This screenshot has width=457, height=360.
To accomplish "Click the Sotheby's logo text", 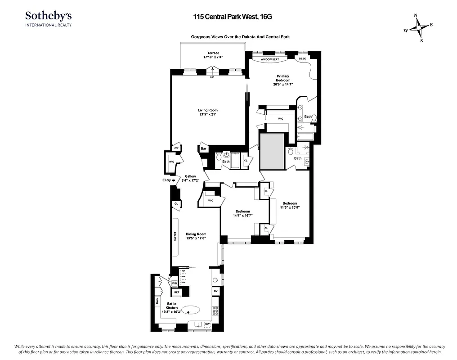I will pos(48,16).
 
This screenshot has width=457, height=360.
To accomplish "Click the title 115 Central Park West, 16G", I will pos(220,16).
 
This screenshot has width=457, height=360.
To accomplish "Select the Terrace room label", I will pos(213,55).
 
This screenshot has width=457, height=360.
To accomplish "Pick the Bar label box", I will pos(203,148).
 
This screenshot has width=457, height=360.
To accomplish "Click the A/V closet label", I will pos(176,148).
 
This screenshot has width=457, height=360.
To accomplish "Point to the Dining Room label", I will pos(196,236).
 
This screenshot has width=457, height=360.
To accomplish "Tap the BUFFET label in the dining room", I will pos(175,237).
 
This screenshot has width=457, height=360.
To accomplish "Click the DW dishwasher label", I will pos(207,324).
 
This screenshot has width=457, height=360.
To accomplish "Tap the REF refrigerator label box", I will pos(177,292).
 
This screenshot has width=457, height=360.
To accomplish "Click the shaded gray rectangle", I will pos(272,151).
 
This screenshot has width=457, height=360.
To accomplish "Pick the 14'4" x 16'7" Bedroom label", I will pos(243,213).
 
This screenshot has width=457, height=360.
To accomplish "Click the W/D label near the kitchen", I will pos(174,283).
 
